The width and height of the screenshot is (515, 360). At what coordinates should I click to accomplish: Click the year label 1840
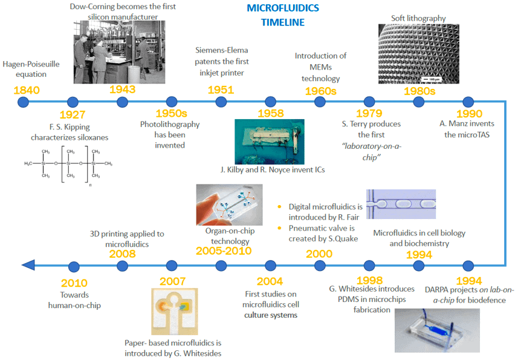26,89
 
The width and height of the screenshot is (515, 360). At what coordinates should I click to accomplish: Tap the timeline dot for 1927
73,102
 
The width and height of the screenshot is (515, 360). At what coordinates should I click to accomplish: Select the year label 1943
122,89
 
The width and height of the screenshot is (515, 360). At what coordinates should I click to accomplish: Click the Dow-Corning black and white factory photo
120,49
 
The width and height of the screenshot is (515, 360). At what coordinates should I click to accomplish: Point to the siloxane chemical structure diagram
69,162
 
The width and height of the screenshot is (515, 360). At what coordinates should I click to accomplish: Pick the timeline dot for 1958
270,102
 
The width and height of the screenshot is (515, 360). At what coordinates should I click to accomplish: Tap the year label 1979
369,114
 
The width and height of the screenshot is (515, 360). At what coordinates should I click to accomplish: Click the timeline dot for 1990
467,102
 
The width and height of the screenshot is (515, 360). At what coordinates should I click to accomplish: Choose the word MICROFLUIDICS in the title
283,9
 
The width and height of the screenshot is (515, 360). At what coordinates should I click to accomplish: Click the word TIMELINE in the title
283,23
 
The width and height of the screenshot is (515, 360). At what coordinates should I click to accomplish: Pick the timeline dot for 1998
369,266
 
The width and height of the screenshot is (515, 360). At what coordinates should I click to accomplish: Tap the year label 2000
319,254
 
